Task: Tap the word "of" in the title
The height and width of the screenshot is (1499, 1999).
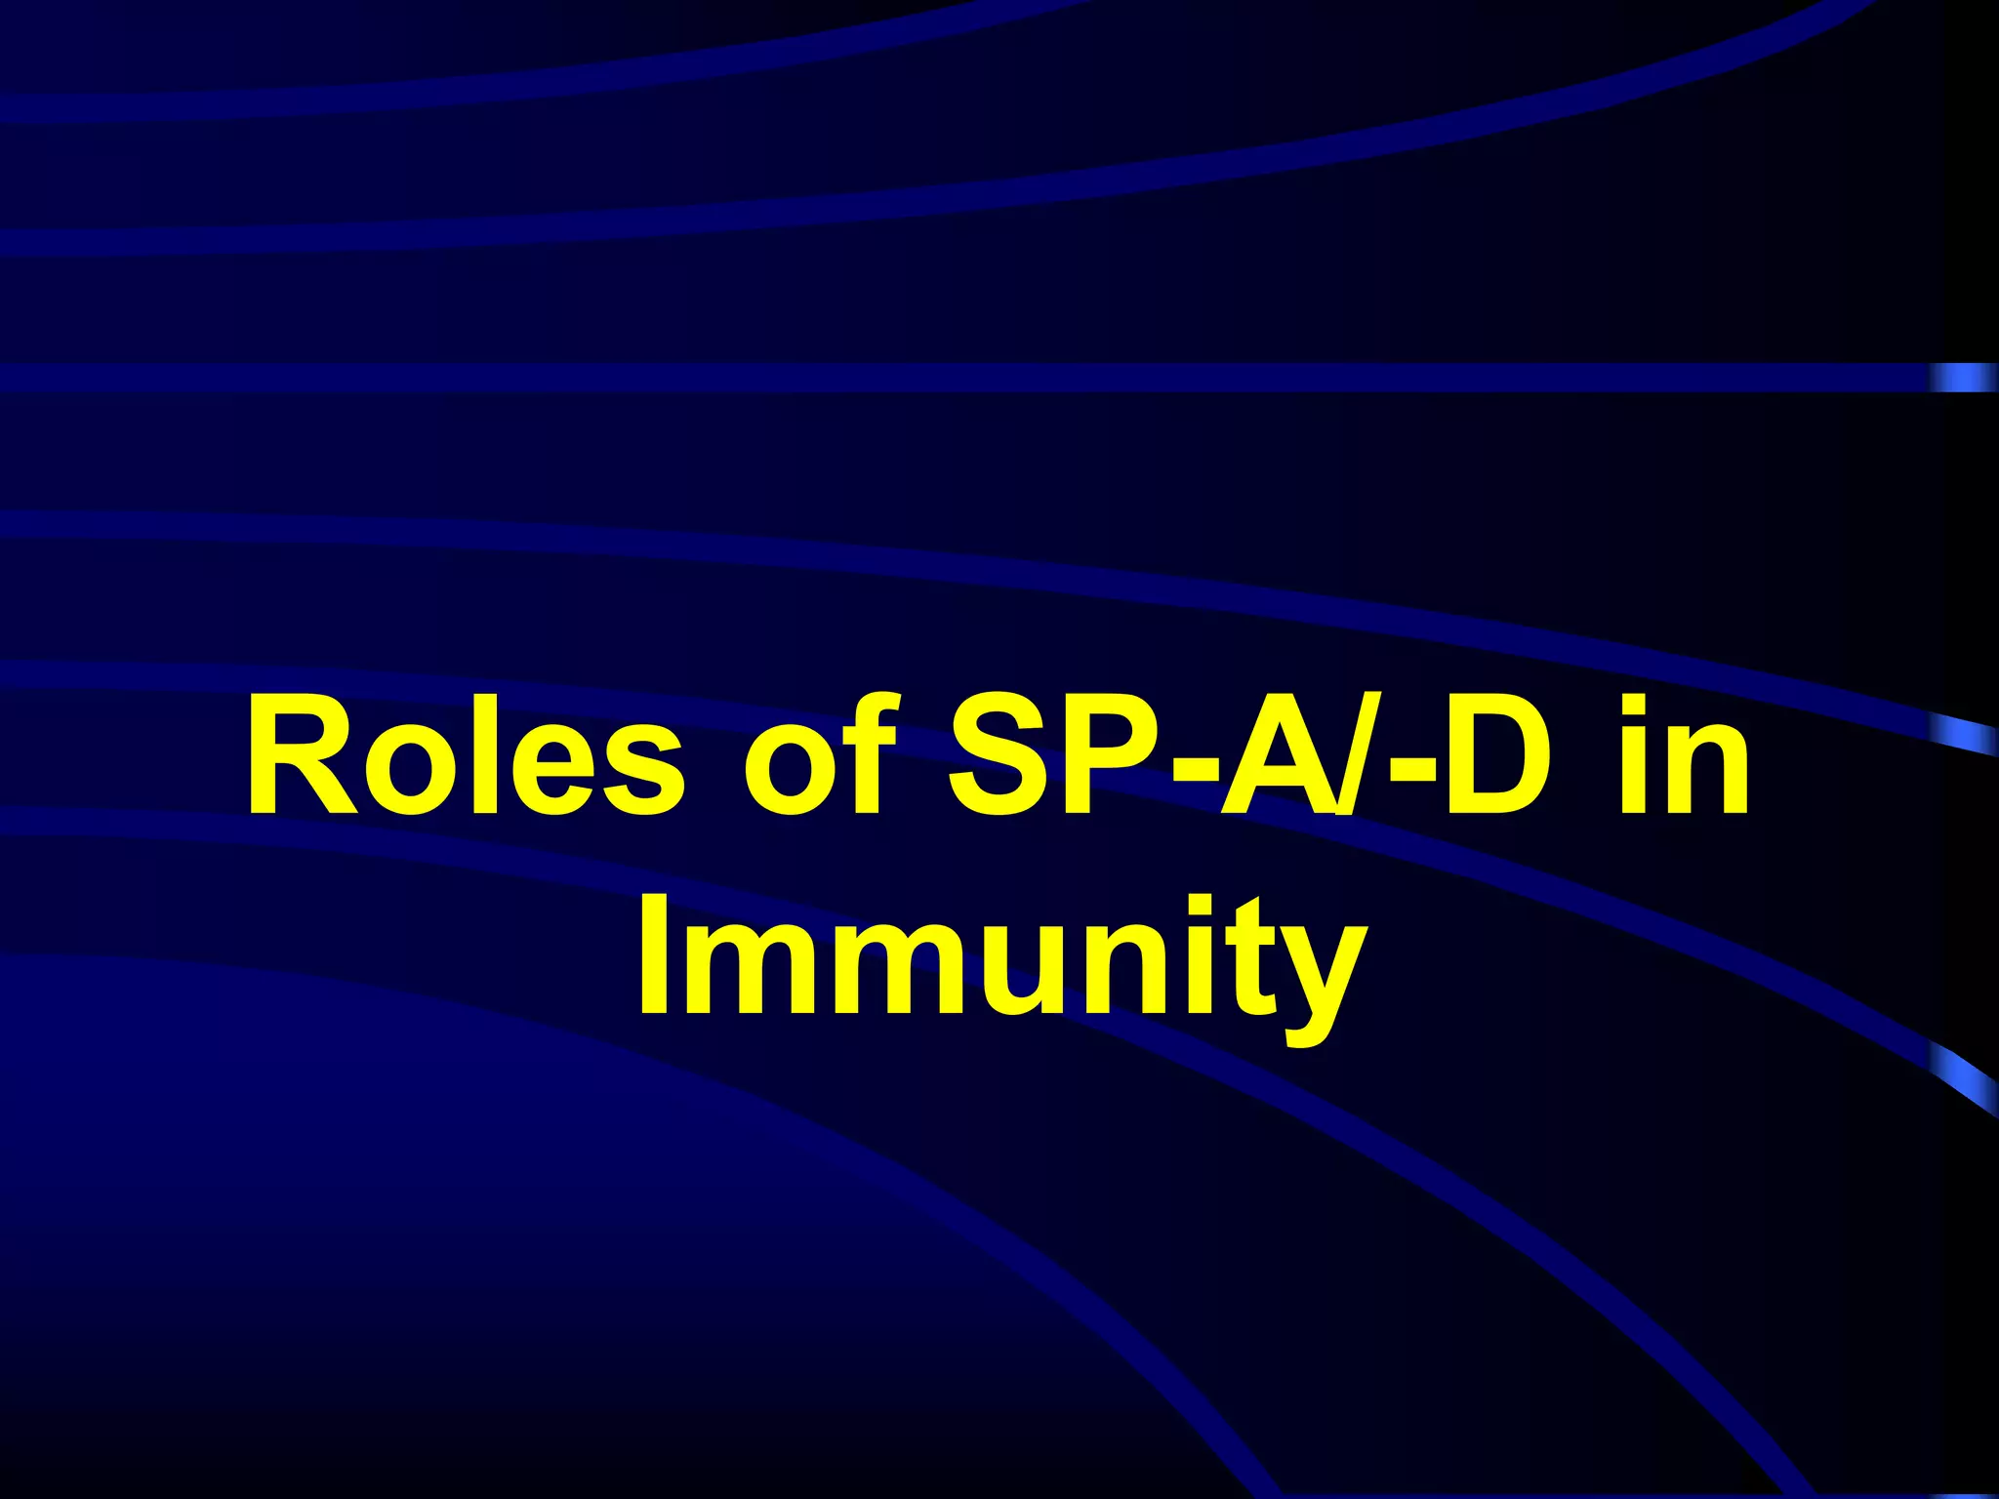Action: coord(820,755)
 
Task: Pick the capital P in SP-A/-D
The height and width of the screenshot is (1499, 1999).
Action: coord(1119,755)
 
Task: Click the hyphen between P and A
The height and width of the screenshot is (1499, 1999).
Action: coord(1198,771)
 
